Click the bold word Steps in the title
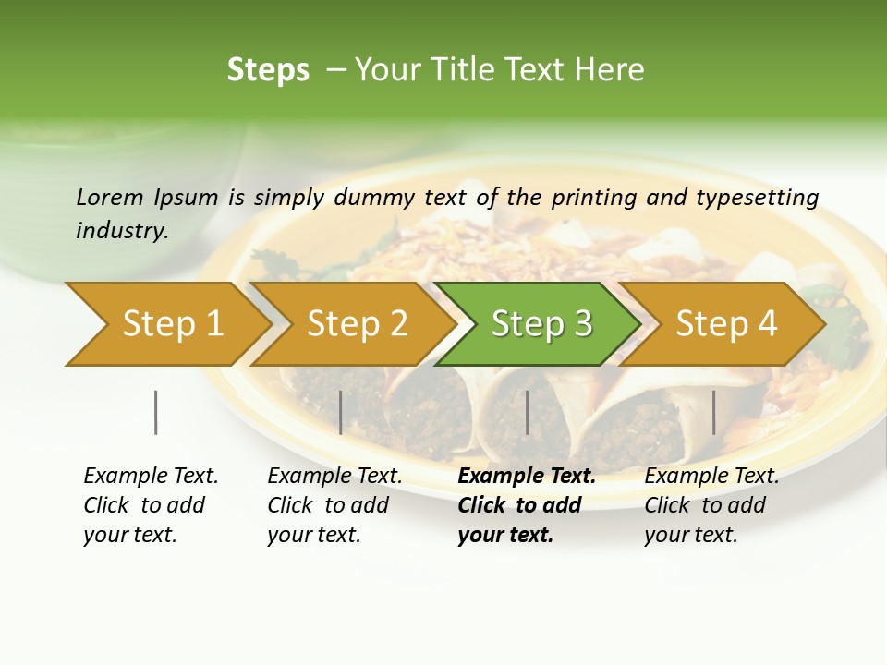(268, 70)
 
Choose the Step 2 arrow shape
(357, 324)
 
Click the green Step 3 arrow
(541, 324)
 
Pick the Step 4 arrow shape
(725, 324)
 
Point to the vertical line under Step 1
(156, 412)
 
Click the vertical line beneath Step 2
(341, 412)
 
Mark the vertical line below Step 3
(528, 412)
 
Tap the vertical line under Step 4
(713, 412)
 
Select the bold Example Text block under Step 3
(527, 505)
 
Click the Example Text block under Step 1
(151, 505)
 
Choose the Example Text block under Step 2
(334, 505)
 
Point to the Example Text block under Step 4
(711, 505)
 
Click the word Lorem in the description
(110, 197)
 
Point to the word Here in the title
(611, 70)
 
